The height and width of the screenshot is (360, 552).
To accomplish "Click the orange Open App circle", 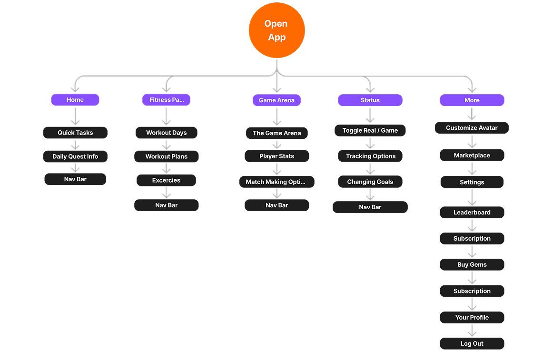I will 276,30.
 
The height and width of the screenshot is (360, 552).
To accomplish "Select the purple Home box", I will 75,100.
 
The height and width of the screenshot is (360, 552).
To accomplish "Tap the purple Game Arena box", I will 276,100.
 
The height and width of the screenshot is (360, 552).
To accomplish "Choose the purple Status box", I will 370,100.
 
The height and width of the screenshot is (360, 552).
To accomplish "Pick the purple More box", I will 472,100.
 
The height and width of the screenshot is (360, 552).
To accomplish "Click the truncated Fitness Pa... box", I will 166,100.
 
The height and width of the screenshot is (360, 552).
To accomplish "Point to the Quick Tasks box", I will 75,133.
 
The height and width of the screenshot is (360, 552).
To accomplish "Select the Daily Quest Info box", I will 75,156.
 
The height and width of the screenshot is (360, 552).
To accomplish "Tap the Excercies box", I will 166,180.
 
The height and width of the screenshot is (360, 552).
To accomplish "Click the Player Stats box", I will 276,156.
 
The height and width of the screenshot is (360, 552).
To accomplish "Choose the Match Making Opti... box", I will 276,182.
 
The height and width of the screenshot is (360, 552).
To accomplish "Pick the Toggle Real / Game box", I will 370,130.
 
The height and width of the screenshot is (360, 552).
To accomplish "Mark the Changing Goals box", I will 370,182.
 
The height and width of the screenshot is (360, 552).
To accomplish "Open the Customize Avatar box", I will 472,127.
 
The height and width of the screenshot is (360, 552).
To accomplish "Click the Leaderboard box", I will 472,213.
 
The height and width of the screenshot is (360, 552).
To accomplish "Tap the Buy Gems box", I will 472,264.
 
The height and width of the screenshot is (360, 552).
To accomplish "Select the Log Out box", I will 472,343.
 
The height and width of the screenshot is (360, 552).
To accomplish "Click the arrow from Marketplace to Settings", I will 472,168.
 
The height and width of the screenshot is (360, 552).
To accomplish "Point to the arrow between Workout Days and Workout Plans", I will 166,145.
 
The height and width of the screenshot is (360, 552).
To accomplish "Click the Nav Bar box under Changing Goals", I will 370,207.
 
